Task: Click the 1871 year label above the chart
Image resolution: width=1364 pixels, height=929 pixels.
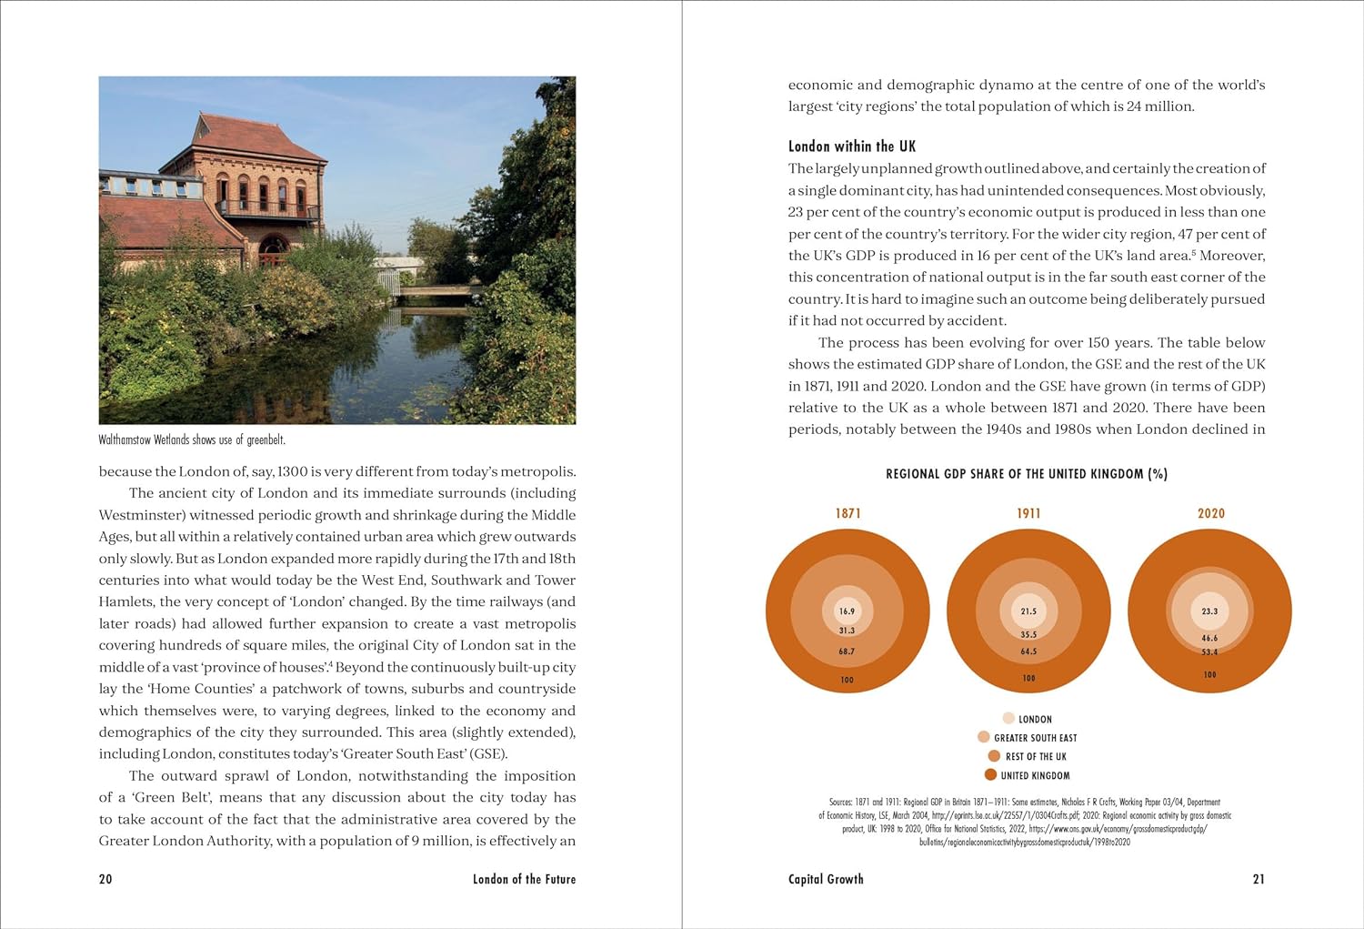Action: tap(847, 513)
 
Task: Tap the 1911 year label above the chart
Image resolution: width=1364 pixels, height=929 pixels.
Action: tap(1028, 513)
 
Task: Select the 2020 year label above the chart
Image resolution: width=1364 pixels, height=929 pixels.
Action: tap(1210, 513)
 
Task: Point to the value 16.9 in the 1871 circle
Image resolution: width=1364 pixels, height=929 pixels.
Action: tap(847, 611)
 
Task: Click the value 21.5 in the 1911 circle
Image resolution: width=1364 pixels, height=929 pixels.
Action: tap(1028, 611)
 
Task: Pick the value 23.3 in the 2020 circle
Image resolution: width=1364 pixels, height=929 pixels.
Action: tap(1209, 611)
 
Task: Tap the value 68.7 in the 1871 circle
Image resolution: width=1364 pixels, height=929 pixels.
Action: tap(847, 651)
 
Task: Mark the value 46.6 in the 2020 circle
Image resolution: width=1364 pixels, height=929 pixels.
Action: tap(1209, 638)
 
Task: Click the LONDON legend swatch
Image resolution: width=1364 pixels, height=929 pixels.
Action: tap(1008, 718)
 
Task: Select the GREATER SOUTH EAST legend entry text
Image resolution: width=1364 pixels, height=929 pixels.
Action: tap(1035, 738)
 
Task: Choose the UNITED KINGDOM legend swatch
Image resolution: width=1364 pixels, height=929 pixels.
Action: tap(990, 775)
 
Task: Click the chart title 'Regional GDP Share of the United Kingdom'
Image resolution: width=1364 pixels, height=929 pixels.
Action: tap(1027, 474)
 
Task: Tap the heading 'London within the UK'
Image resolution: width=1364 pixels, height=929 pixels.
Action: tap(852, 146)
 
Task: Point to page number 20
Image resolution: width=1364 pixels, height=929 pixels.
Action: tap(105, 879)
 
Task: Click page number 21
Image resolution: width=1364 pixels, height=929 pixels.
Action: tap(1259, 879)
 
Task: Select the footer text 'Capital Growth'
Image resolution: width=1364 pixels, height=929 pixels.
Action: tap(826, 879)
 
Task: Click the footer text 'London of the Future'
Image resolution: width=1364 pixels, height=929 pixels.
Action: tap(524, 879)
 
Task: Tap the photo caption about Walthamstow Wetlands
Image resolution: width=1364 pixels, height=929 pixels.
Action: tap(192, 440)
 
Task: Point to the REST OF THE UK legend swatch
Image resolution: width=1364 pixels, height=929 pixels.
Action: tap(994, 756)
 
